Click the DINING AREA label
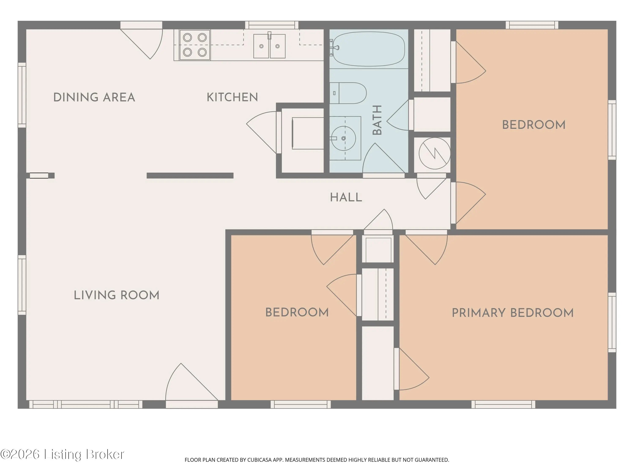tap(94, 97)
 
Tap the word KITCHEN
tap(232, 97)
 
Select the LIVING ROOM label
tap(116, 295)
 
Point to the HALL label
tap(346, 197)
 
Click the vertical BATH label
tap(377, 120)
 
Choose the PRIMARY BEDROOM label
tap(513, 313)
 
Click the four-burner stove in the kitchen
tap(195, 45)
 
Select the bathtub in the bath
tap(369, 49)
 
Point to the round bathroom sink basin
tap(343, 138)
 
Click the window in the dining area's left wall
tap(22, 95)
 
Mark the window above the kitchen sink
tap(272, 25)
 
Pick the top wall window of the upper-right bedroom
tap(532, 25)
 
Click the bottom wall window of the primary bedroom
tap(503, 404)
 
